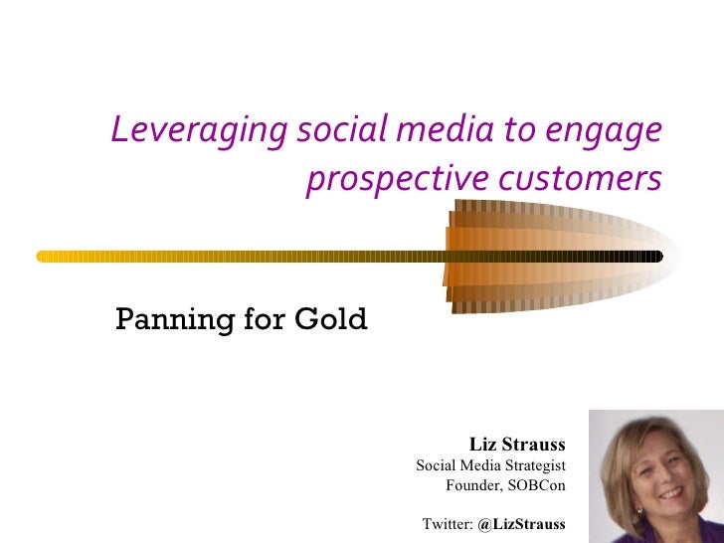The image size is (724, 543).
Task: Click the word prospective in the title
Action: [398, 181]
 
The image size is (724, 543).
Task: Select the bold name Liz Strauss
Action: [516, 444]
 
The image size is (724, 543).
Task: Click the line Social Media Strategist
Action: [490, 465]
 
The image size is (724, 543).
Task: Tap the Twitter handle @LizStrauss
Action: [521, 524]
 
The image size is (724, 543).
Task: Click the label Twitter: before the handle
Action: [448, 524]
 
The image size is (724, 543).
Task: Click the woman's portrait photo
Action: [656, 476]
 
